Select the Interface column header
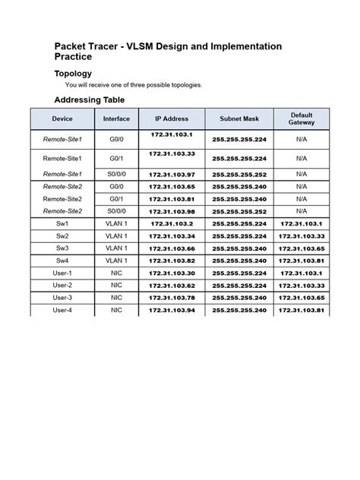116,119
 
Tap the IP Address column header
172,119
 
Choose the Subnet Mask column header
239,119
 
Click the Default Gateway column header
302,119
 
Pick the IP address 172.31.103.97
172,174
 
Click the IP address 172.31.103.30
172,273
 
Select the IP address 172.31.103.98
172,211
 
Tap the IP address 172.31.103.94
172,310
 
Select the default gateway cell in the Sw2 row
302,236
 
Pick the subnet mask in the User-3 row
239,298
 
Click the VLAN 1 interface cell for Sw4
116,261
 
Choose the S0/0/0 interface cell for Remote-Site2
116,211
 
